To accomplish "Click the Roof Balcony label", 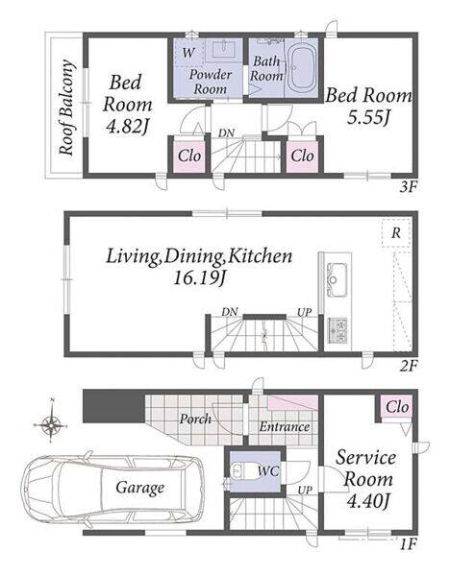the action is point(67,107).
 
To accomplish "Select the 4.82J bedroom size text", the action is point(127,127).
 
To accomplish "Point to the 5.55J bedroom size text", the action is point(368,117).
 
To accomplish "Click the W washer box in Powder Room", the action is point(188,53).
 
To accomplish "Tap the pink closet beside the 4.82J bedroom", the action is point(189,156).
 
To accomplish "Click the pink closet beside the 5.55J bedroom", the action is point(302,156).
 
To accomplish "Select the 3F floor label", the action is point(409,187).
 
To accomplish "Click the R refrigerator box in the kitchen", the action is point(396,233).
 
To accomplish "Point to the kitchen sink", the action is point(337,279).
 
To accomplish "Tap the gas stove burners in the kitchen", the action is point(337,330).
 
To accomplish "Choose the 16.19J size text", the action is point(199,278).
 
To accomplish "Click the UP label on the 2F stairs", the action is point(304,312).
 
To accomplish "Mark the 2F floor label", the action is point(409,365).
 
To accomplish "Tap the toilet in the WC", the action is point(239,471).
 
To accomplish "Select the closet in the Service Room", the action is point(397,407).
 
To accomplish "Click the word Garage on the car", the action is point(139,488).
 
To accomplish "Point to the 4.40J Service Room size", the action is point(368,501).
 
